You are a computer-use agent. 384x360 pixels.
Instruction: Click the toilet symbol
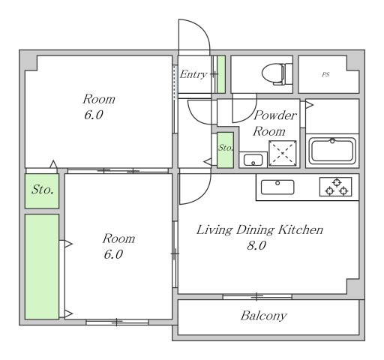tap(277, 74)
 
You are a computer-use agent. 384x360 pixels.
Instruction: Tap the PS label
tap(325, 74)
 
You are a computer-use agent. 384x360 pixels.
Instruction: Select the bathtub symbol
tap(332, 151)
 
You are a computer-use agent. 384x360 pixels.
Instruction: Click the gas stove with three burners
tap(336, 187)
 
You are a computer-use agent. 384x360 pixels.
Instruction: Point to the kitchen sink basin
tap(277, 187)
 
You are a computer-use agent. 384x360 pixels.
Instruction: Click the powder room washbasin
tap(253, 160)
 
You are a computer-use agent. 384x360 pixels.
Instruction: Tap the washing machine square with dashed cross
tap(283, 153)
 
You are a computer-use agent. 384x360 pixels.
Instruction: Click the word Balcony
tap(263, 316)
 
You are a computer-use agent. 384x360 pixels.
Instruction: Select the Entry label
tap(193, 74)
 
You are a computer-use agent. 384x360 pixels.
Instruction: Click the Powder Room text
tap(274, 123)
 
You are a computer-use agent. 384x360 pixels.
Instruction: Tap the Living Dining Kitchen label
tap(259, 230)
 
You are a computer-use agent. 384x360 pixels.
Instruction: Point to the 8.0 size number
tap(256, 245)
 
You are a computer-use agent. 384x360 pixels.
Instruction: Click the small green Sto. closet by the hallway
tap(225, 150)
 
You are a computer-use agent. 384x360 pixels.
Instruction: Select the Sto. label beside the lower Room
tap(42, 190)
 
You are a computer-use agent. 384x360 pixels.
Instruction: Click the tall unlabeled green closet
tap(42, 266)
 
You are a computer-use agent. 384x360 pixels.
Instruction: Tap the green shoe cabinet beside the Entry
tap(220, 74)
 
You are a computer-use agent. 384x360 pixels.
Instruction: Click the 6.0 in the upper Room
tap(93, 115)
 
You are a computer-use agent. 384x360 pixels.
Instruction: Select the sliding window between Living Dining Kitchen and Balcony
tap(257, 297)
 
